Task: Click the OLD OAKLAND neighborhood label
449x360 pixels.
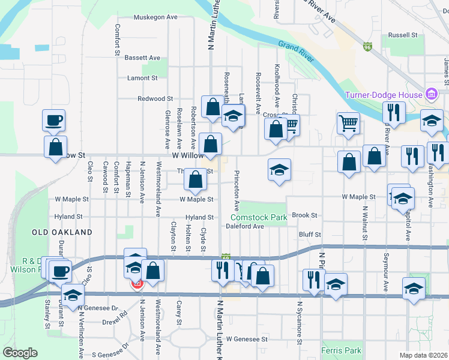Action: point(62,232)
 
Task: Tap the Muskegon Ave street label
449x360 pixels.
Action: point(155,17)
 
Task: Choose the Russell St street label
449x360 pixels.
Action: point(403,35)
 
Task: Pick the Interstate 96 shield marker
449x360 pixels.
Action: point(367,46)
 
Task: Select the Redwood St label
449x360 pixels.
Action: point(155,98)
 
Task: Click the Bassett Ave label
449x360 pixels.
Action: point(143,58)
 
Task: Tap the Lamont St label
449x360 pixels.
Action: point(142,78)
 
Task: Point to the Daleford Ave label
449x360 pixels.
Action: point(245,227)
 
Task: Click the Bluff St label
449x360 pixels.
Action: point(310,235)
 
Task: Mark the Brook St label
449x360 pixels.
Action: point(304,215)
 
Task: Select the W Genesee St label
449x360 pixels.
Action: point(247,339)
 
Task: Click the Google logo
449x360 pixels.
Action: point(20,353)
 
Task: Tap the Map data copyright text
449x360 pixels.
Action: point(423,355)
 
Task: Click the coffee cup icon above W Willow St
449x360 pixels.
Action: point(53,120)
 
